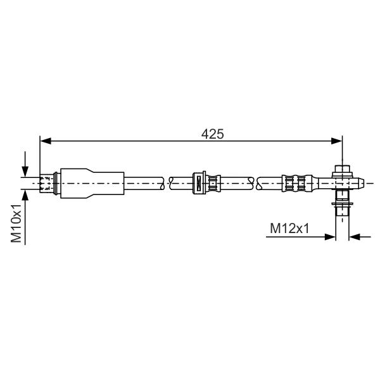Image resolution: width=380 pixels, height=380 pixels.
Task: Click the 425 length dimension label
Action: pos(213,134)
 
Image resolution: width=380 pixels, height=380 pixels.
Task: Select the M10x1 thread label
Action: pos(16,223)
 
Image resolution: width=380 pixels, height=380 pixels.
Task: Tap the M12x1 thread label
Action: pos(289,228)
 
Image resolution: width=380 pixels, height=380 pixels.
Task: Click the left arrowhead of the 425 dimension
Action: pos(46,141)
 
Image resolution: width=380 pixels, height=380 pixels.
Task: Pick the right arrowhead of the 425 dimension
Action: pos(337,141)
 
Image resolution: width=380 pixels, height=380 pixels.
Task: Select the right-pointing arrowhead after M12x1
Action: pos(330,237)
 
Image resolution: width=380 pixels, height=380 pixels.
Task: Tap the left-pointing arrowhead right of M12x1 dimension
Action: pos(355,237)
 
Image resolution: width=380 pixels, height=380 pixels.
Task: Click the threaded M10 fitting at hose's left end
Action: pos(47,183)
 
